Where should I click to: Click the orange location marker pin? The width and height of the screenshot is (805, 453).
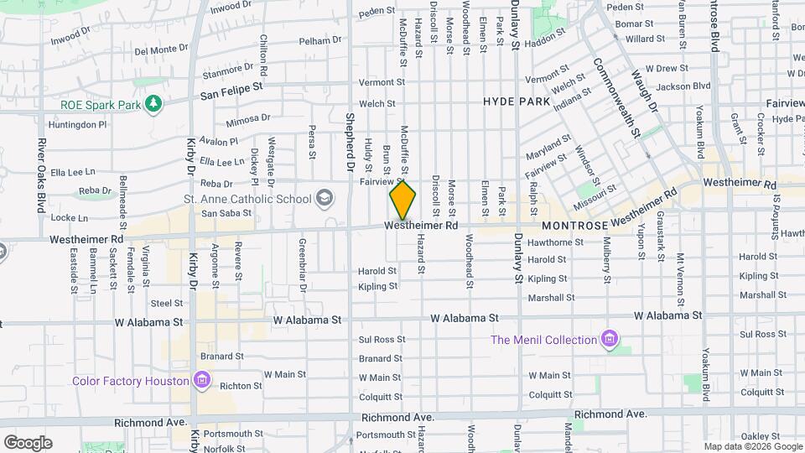tap(402, 200)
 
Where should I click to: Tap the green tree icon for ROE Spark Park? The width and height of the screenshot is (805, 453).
tap(153, 103)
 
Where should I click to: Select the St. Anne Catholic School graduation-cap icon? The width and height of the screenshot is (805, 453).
tap(323, 199)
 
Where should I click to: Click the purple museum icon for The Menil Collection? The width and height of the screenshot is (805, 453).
tap(610, 340)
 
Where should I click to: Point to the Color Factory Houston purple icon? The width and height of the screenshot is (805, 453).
tap(201, 381)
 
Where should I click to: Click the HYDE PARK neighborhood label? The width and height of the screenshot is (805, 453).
tap(517, 102)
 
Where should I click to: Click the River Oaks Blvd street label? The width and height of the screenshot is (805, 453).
tap(40, 176)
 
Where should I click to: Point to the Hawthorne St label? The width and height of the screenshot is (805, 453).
tap(555, 242)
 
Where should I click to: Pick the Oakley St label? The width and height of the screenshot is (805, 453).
tap(760, 435)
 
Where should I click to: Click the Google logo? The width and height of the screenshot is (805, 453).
tap(28, 442)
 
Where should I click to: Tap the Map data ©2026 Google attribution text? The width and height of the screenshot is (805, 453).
tap(751, 446)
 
